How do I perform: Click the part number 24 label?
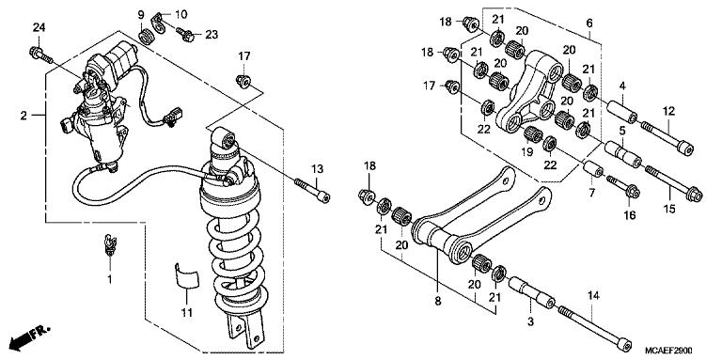(x=39, y=27)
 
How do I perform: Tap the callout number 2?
(x=24, y=116)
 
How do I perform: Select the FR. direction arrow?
(x=27, y=336)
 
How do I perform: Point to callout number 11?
(x=185, y=311)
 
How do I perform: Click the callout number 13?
(x=318, y=168)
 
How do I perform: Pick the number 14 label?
(x=593, y=295)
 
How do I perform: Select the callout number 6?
(x=589, y=23)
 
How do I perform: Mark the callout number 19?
(x=529, y=150)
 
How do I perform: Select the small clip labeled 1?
(x=110, y=247)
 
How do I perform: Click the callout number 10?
(x=180, y=14)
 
